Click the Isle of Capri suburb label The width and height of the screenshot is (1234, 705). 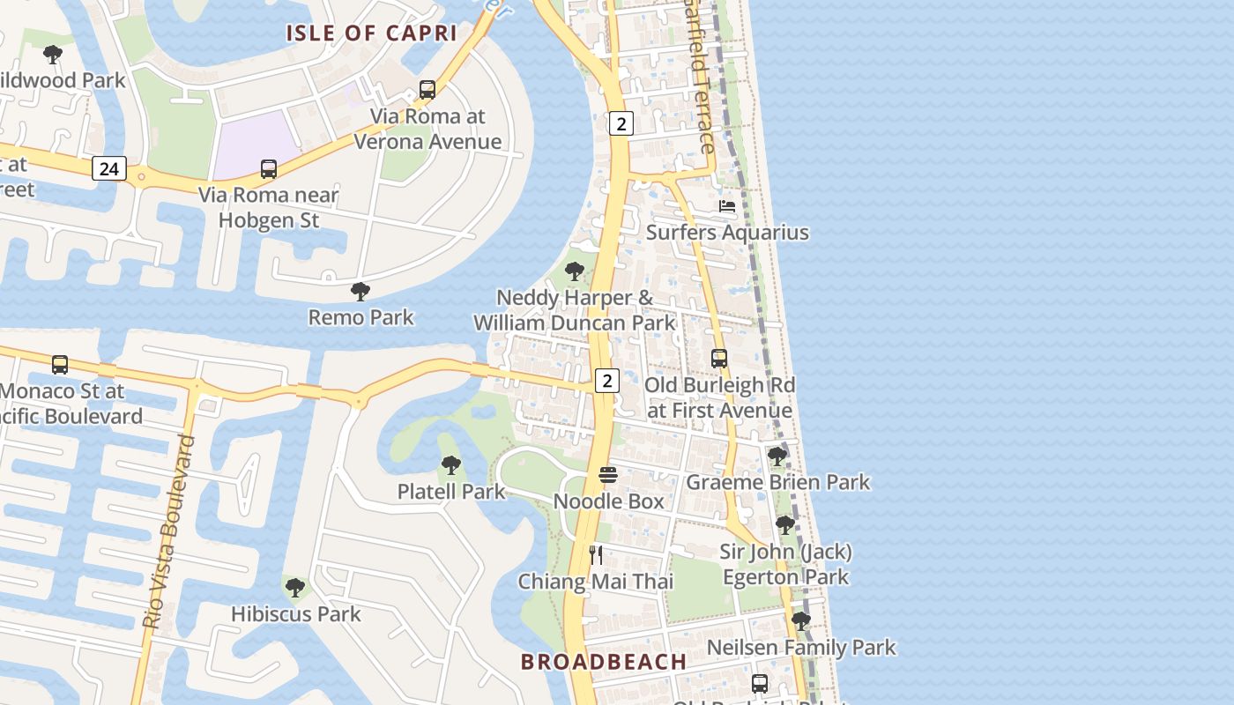click(x=371, y=33)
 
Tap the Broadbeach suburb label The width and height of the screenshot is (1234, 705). click(x=604, y=662)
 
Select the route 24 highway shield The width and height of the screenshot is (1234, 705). click(x=108, y=167)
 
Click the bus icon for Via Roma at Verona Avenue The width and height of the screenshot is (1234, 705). click(x=427, y=89)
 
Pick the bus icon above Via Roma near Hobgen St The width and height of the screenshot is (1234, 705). click(x=269, y=168)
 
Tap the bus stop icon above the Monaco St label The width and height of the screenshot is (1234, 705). click(x=60, y=364)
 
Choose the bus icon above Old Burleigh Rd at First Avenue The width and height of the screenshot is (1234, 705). click(x=719, y=359)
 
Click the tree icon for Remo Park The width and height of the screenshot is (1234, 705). click(x=360, y=291)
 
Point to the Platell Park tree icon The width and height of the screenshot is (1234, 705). click(x=450, y=464)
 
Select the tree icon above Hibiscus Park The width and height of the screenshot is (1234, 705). click(x=295, y=586)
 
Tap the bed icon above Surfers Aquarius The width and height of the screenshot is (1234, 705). click(x=727, y=206)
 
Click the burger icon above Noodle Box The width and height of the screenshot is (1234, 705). click(x=608, y=475)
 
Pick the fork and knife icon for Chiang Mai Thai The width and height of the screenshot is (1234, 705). click(x=596, y=555)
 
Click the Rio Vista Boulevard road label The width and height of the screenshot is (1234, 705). click(x=168, y=531)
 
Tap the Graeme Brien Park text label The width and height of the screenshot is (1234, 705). click(x=777, y=482)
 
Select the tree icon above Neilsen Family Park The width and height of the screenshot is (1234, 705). click(x=800, y=620)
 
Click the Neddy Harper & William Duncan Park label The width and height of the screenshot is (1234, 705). click(x=575, y=310)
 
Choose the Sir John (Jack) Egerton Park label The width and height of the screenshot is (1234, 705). click(x=786, y=564)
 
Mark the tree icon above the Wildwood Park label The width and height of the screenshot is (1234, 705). click(x=53, y=54)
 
